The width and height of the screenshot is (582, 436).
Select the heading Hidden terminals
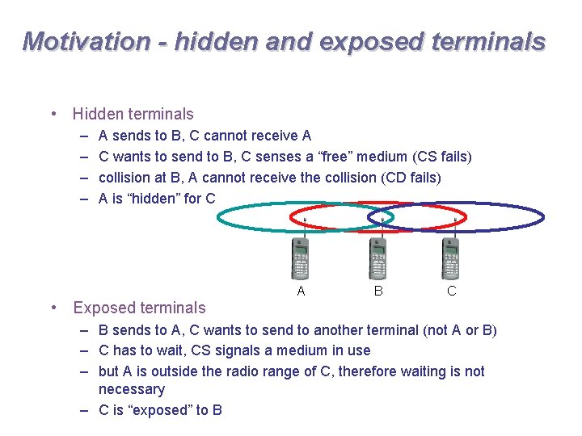[x=133, y=115]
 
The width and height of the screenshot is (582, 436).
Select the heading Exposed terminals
[x=139, y=308]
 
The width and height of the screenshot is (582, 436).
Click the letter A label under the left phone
[x=301, y=291]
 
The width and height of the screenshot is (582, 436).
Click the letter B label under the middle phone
[x=377, y=291]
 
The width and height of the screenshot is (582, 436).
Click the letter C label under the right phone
[x=452, y=291]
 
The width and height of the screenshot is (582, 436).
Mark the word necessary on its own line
[x=131, y=389]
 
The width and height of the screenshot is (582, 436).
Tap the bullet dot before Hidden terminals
[x=53, y=115]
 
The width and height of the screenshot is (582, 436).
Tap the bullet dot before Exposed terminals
[x=53, y=308]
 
